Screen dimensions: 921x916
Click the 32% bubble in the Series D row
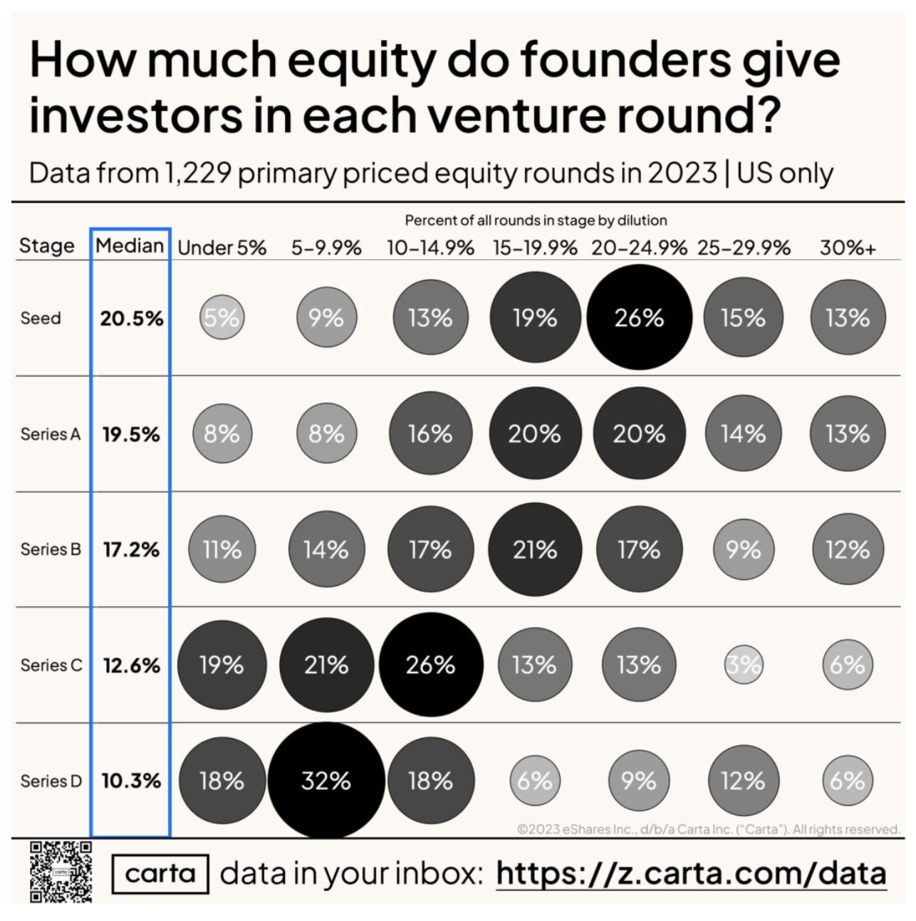pyautogui.click(x=326, y=781)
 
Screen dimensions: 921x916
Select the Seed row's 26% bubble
pyautogui.click(x=639, y=317)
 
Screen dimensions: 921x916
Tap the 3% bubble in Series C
pyautogui.click(x=743, y=665)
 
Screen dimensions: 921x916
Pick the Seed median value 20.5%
pyautogui.click(x=131, y=318)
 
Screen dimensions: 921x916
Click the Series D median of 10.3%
pyautogui.click(x=131, y=781)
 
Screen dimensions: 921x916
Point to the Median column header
pyautogui.click(x=130, y=246)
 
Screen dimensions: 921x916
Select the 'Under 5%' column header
pyautogui.click(x=222, y=248)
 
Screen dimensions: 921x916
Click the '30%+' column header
pyautogui.click(x=848, y=248)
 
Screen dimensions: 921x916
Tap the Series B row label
pyautogui.click(x=51, y=549)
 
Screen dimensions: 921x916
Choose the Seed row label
pyautogui.click(x=41, y=318)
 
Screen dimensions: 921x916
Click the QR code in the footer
pyautogui.click(x=61, y=872)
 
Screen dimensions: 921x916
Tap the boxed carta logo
pyautogui.click(x=160, y=873)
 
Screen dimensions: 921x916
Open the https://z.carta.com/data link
pyautogui.click(x=691, y=873)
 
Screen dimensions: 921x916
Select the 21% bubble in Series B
pyautogui.click(x=534, y=549)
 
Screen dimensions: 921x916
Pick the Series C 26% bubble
pyautogui.click(x=430, y=665)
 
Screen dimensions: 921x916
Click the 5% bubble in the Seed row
pyautogui.click(x=222, y=317)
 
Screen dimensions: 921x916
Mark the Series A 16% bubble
pyautogui.click(x=430, y=433)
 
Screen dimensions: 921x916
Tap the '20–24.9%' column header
pyautogui.click(x=639, y=248)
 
